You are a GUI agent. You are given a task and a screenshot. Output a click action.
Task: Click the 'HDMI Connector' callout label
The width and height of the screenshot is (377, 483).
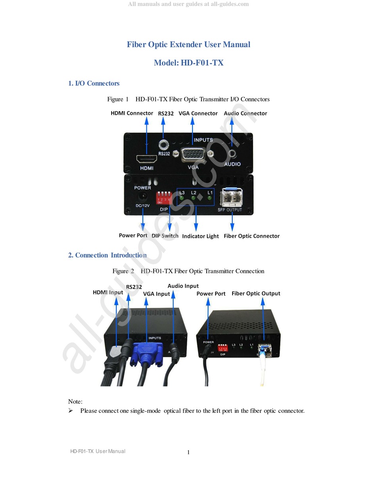132,113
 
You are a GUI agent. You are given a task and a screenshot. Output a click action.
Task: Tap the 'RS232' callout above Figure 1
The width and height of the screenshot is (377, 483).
166,114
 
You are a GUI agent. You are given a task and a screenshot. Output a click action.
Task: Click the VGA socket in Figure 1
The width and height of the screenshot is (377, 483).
193,154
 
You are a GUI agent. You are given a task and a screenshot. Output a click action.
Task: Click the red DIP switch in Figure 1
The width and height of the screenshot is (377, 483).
164,198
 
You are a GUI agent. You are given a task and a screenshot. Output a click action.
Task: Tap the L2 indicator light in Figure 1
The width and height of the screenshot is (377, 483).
193,198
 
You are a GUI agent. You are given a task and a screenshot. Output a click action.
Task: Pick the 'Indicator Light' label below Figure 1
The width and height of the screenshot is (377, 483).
200,236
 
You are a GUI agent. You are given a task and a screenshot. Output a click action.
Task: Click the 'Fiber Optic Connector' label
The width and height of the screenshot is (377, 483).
252,236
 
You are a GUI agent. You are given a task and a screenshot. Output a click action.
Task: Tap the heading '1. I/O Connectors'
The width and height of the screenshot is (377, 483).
94,83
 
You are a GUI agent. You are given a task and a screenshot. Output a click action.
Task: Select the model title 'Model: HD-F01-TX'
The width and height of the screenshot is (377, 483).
188,63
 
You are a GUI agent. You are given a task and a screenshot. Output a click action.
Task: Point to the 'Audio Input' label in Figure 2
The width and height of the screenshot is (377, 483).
183,286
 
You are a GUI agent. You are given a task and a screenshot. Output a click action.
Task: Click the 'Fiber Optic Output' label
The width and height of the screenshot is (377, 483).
256,294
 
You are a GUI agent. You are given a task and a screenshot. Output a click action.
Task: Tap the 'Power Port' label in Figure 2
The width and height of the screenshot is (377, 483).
211,294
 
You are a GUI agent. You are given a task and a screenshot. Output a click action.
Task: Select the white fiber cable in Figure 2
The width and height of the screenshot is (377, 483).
262,371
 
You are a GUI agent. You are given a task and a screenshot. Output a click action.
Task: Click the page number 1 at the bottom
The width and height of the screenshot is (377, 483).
188,452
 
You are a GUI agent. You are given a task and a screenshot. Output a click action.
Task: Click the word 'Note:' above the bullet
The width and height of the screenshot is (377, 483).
75,402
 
